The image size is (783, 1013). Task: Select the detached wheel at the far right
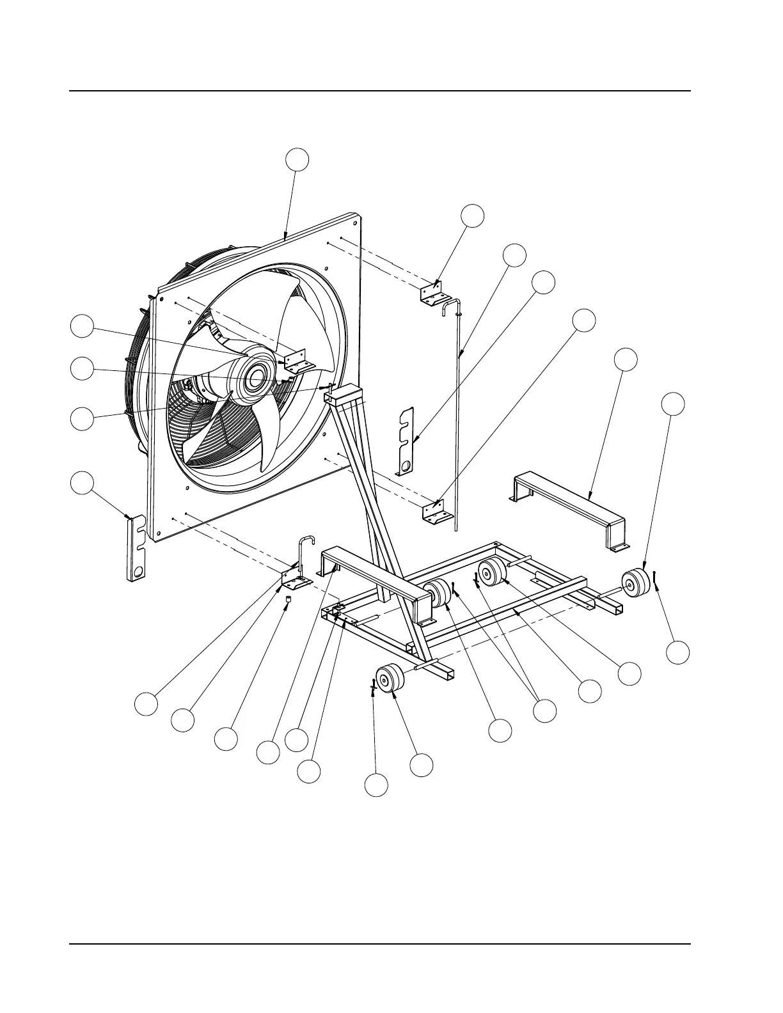[x=635, y=582]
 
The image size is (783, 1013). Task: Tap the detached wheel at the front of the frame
[x=391, y=679]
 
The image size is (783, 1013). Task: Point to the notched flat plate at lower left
[x=136, y=549]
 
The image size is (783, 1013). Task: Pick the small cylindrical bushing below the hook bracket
[x=288, y=600]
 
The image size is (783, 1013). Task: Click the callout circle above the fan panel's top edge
[x=297, y=160]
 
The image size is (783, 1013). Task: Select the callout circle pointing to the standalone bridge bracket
[x=626, y=359]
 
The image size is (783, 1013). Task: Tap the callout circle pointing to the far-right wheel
[x=672, y=404]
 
